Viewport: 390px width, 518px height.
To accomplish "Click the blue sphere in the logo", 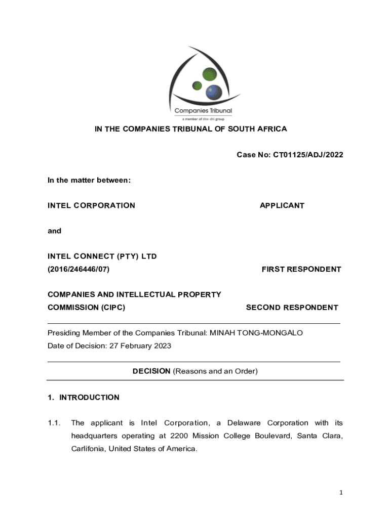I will [x=213, y=92].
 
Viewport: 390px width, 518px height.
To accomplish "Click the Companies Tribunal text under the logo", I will [x=203, y=111].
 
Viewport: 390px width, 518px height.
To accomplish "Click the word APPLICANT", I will [x=282, y=205].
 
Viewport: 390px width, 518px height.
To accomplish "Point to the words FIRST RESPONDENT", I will [x=301, y=269].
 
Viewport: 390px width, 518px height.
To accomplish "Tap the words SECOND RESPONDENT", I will [x=292, y=307].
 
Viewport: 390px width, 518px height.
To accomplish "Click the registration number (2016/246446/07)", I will [x=79, y=269].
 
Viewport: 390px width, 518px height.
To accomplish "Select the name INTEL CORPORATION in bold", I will [x=91, y=205].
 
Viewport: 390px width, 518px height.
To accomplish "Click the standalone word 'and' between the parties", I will [x=54, y=231].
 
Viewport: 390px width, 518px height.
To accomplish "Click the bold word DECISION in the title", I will [x=151, y=371].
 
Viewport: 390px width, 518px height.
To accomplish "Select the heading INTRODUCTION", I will [x=89, y=397].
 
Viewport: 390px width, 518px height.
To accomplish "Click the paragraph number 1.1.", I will [x=54, y=423].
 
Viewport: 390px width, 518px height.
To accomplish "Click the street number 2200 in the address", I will [x=180, y=436].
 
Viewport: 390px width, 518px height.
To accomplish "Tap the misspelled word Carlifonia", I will [x=88, y=449].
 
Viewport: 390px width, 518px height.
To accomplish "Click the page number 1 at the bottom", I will [x=341, y=492].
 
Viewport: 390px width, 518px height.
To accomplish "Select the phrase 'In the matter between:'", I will [x=89, y=180].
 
